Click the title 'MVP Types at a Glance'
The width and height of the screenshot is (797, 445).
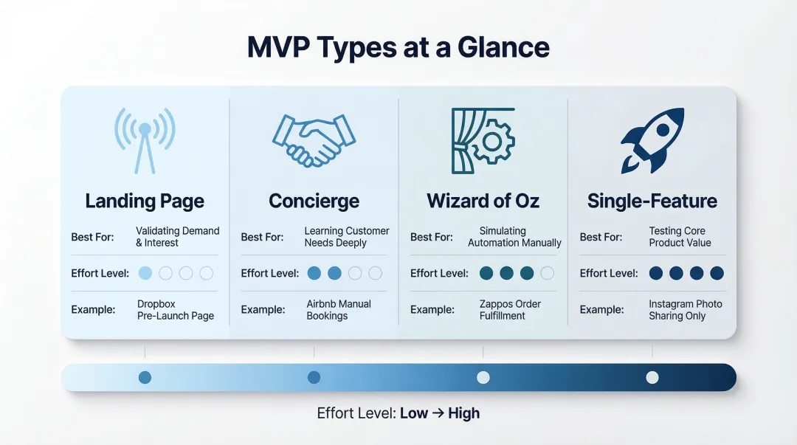(x=398, y=47)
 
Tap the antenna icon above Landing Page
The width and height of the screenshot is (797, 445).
(x=145, y=139)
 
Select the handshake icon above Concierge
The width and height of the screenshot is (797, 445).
(x=314, y=139)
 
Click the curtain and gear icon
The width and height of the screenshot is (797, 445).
(x=483, y=139)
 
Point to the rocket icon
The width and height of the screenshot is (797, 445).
(x=652, y=139)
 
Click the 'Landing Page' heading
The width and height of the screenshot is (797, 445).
(x=145, y=201)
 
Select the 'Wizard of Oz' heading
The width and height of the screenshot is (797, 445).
(x=483, y=201)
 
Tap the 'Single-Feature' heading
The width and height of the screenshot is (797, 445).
(x=652, y=201)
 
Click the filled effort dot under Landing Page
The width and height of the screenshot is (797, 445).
(x=145, y=273)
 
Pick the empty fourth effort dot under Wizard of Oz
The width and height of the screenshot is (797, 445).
(x=547, y=273)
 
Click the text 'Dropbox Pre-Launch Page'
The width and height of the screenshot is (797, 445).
(x=175, y=310)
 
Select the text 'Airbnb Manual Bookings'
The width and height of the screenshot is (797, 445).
(x=338, y=310)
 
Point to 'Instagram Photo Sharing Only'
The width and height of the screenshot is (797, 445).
(x=685, y=310)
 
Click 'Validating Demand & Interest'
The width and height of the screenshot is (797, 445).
(x=177, y=237)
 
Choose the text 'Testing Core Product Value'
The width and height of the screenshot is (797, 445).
(x=679, y=237)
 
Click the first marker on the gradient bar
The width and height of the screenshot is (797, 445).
(x=145, y=377)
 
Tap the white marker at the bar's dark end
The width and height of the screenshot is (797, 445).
(x=652, y=377)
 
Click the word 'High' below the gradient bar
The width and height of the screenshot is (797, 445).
(x=463, y=413)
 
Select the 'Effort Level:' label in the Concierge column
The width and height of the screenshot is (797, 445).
(x=269, y=273)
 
